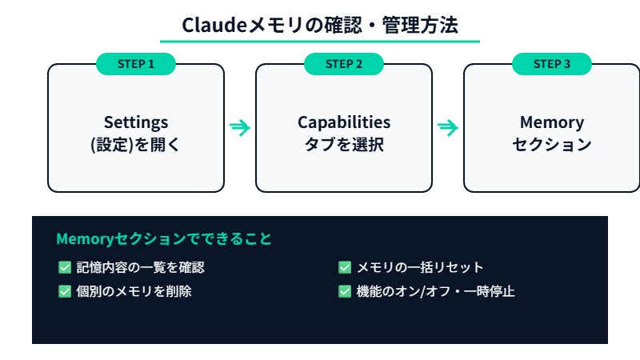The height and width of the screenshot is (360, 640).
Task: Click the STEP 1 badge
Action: (x=136, y=64)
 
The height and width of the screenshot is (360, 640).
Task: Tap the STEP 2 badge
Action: (x=344, y=64)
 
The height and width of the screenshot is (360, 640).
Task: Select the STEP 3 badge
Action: (x=552, y=64)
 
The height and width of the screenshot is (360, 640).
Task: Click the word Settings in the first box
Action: (x=136, y=122)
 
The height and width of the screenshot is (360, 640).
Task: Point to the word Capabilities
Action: (x=344, y=122)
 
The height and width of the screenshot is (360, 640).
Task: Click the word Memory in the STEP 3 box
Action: (x=552, y=122)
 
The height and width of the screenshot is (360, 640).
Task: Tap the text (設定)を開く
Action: (x=136, y=146)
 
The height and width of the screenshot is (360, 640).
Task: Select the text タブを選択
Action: (x=344, y=146)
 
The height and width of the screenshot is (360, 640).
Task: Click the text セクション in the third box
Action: (x=552, y=146)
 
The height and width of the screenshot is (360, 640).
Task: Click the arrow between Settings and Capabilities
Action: (x=240, y=127)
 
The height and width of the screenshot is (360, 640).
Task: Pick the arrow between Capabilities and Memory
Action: (x=448, y=127)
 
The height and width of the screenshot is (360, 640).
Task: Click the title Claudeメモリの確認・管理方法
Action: (x=320, y=25)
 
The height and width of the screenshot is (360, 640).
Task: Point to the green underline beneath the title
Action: (x=320, y=41)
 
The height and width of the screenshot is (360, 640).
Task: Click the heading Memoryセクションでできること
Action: (x=164, y=239)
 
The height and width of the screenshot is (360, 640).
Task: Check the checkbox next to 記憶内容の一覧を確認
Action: (x=65, y=267)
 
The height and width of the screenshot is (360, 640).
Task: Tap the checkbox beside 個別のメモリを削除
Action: (x=65, y=291)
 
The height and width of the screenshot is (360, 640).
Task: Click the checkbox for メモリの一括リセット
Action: (x=345, y=267)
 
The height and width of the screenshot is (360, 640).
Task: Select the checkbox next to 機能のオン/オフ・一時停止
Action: (x=345, y=291)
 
